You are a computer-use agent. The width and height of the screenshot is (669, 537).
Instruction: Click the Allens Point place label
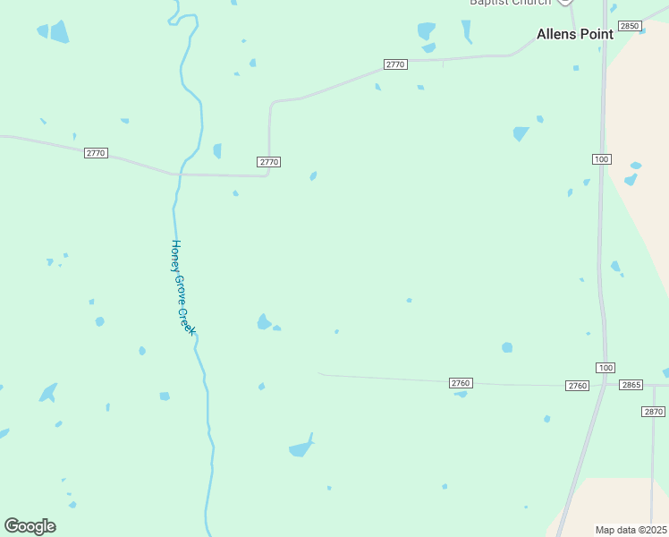point(574,34)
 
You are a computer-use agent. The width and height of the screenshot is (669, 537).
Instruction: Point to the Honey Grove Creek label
point(182,286)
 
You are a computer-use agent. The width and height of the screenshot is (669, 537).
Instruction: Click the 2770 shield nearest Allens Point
point(395,64)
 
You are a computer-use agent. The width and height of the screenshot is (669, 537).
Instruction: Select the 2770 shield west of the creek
point(96,153)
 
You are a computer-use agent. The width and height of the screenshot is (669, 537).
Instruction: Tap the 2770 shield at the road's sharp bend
point(268,162)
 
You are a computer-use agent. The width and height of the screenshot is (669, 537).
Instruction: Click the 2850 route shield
point(630,27)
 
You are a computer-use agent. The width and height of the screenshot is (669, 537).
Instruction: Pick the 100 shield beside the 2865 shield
point(605,368)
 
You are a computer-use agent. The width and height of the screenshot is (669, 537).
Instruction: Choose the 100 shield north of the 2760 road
point(601,158)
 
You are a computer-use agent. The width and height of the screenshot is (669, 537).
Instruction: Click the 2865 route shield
point(631,385)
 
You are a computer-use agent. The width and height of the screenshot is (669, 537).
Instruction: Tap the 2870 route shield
point(654,412)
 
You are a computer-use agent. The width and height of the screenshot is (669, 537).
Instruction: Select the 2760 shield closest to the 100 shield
point(577,386)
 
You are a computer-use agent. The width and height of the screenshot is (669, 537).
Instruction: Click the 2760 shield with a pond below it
point(460,383)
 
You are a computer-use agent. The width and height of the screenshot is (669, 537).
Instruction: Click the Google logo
point(30,526)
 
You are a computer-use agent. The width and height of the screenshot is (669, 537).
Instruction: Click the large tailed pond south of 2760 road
point(301,447)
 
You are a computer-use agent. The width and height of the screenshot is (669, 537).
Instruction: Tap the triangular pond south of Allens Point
point(521,133)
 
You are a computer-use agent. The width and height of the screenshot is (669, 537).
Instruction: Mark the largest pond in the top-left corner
point(59,32)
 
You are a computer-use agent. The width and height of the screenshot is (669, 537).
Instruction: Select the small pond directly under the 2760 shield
point(461,394)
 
